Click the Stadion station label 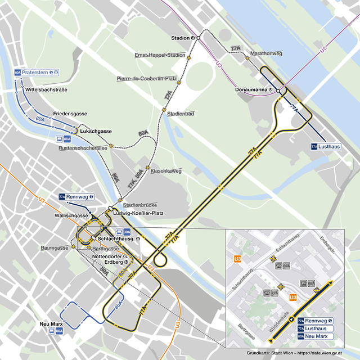(x=180, y=38)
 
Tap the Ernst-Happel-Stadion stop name (x=160, y=55)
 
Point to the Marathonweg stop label (x=266, y=53)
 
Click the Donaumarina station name (x=251, y=89)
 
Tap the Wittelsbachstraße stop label (x=46, y=89)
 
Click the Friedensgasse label (x=70, y=114)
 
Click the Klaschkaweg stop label (x=166, y=170)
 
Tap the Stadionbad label (x=181, y=114)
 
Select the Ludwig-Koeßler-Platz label (x=138, y=213)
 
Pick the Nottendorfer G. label (x=110, y=256)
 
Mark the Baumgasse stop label (x=55, y=247)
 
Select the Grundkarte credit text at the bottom (x=294, y=353)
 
